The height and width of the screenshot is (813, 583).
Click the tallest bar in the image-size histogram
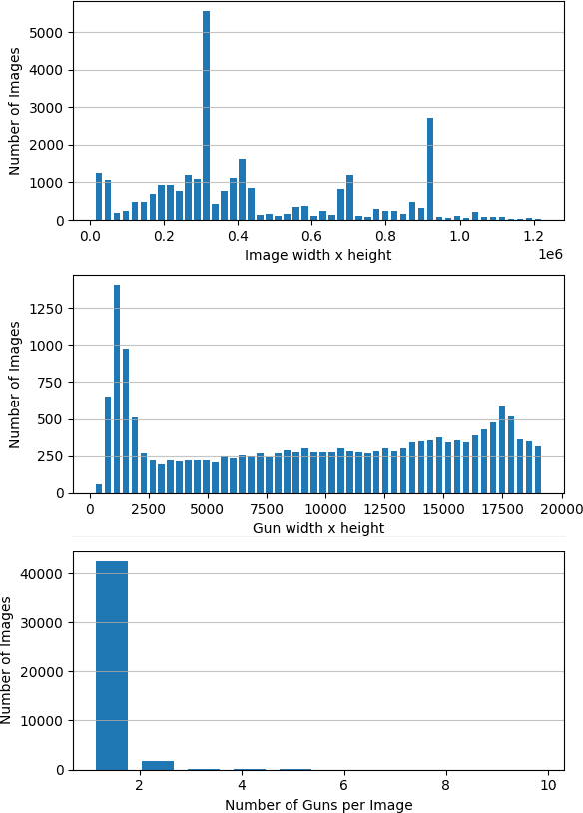[x=206, y=116]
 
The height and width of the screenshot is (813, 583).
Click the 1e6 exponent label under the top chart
[x=550, y=255]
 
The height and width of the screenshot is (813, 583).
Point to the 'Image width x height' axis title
[x=317, y=255]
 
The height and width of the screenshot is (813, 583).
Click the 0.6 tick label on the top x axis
[x=311, y=237]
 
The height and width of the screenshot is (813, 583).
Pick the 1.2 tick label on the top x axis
[x=533, y=237]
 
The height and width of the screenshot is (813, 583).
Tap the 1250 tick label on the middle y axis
[x=45, y=309]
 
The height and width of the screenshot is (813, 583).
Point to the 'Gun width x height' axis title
[x=317, y=528]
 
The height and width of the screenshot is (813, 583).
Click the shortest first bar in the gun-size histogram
[x=99, y=489]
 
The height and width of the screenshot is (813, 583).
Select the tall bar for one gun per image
[x=112, y=665]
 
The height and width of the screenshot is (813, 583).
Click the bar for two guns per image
[x=158, y=765]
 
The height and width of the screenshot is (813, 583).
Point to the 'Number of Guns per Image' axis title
[x=317, y=805]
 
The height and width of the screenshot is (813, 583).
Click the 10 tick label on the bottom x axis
[x=548, y=787]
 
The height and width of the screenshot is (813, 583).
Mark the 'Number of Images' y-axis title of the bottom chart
[x=8, y=660]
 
